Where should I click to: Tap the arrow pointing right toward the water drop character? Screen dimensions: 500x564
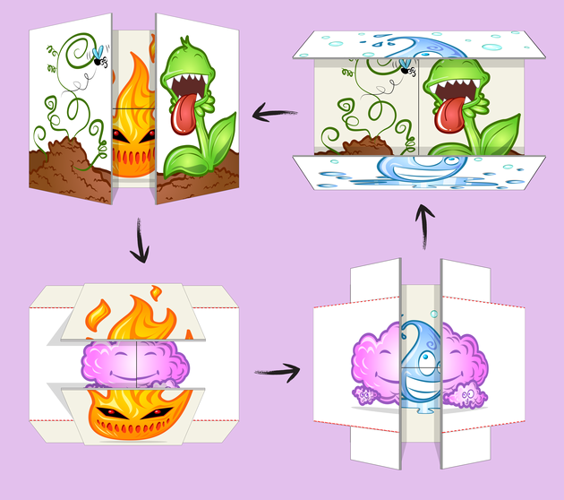click(x=276, y=368)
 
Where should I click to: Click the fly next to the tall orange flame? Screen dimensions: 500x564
click(x=98, y=59)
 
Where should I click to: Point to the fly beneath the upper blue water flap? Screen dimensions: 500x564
click(x=406, y=67)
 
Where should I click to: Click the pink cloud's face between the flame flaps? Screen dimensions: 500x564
click(x=136, y=363)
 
